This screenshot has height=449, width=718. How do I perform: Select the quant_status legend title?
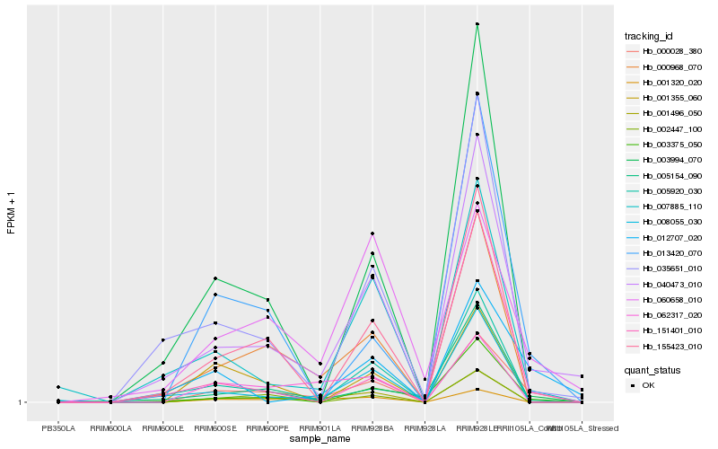pyautogui.click(x=652, y=369)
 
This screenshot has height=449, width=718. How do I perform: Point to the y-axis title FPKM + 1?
pyautogui.click(x=11, y=213)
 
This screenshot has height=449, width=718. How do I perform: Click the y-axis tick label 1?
pyautogui.click(x=22, y=402)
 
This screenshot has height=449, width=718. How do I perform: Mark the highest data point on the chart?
pyautogui.click(x=477, y=24)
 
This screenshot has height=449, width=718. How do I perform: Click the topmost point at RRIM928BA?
pyautogui.click(x=372, y=233)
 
